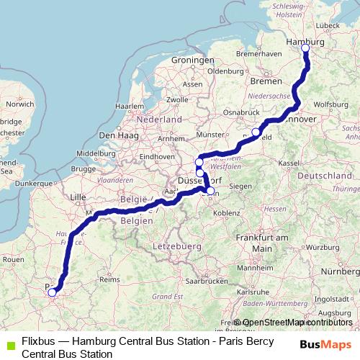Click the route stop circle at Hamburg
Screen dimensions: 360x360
[x=305, y=48]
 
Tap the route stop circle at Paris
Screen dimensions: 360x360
[x=52, y=292]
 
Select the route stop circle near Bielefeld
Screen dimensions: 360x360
[x=256, y=132]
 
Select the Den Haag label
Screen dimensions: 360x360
[x=117, y=135]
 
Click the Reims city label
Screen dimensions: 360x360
[x=109, y=279]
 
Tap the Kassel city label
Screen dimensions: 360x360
[x=289, y=163]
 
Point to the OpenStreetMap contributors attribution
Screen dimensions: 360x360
[x=297, y=323]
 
